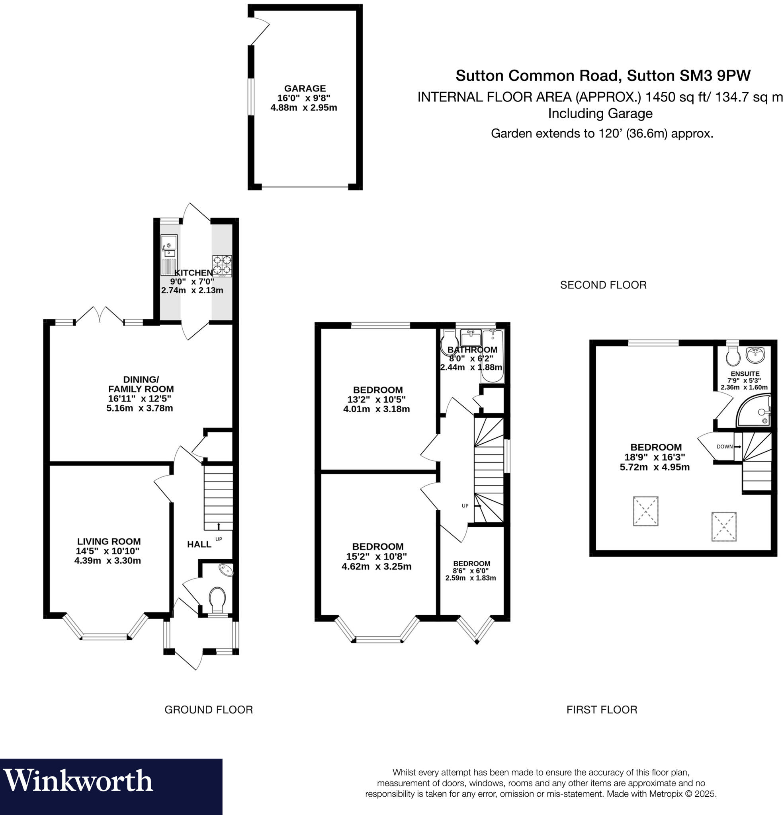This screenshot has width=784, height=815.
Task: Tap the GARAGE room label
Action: click(305, 88)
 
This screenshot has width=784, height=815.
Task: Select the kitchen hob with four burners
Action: click(222, 266)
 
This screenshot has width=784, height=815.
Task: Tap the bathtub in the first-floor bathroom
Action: click(493, 356)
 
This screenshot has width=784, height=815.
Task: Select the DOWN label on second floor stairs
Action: click(725, 446)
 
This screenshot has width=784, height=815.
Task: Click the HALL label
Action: click(199, 544)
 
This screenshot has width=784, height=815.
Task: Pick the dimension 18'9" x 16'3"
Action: click(655, 457)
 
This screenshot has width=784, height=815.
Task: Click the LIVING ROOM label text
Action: click(109, 541)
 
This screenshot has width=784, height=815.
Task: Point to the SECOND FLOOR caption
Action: click(603, 285)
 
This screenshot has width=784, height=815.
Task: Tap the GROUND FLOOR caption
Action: click(209, 710)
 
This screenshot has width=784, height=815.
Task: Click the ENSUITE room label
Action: click(745, 374)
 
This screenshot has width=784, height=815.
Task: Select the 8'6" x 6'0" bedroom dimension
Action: click(471, 571)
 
